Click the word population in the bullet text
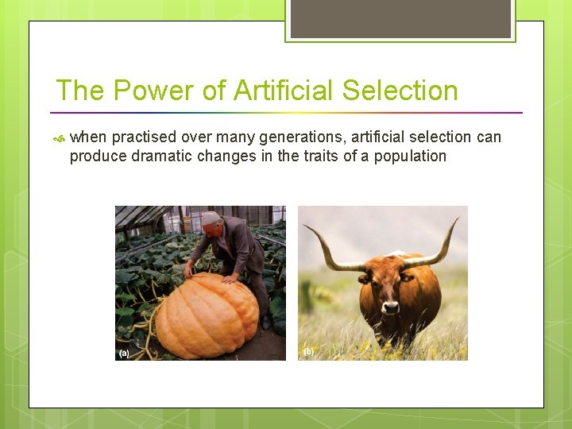[x=411, y=157]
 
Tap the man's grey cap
[x=210, y=217]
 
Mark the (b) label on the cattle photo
[x=307, y=351]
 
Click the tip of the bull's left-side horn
[x=304, y=226]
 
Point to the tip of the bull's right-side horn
[x=458, y=218]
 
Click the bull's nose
[x=390, y=305]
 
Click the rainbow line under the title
[x=286, y=112]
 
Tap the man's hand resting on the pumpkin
[x=188, y=272]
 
